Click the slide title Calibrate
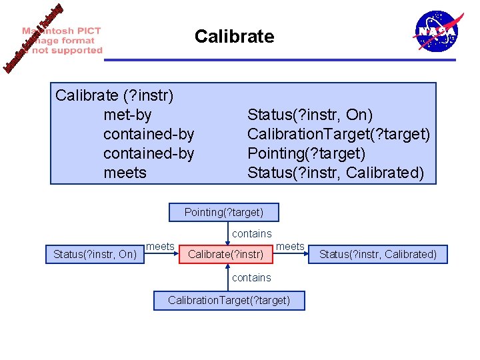[x=234, y=36]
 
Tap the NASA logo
[x=437, y=31]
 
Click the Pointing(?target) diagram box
[x=224, y=213]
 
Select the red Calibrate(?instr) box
[x=226, y=254]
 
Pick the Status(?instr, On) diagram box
[x=95, y=254]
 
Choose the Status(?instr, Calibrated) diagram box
[x=378, y=254]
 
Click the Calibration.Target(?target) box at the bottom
[x=229, y=301]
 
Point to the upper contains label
[x=251, y=234]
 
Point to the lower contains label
[x=251, y=277]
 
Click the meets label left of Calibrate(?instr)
[x=160, y=247]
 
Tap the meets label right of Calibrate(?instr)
[x=290, y=247]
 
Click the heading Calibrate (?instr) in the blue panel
[x=115, y=96]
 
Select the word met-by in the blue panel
[x=127, y=115]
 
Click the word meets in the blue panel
[x=125, y=173]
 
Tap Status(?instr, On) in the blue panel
[x=310, y=115]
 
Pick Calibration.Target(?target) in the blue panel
[x=339, y=135]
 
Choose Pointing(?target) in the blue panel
[x=307, y=154]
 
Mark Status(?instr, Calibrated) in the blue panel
[x=335, y=173]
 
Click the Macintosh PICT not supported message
[x=63, y=40]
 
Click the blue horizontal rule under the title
[x=280, y=60]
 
